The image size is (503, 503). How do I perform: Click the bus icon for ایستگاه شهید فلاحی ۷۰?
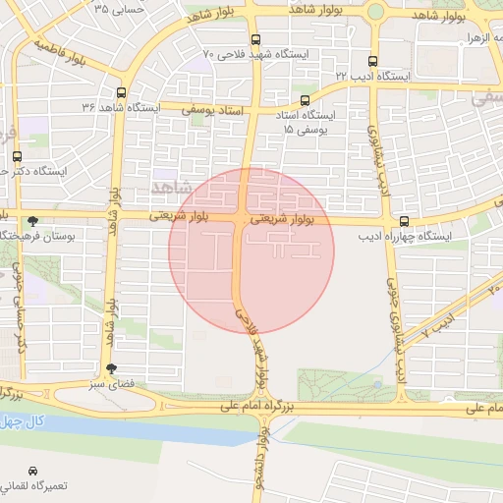[x=256, y=40]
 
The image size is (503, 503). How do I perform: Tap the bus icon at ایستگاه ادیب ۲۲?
[x=371, y=61]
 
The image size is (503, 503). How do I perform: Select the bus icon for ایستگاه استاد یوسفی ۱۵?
[x=305, y=100]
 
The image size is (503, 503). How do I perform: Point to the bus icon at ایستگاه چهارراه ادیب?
[x=404, y=222]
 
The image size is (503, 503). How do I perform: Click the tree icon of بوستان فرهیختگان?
[x=34, y=221]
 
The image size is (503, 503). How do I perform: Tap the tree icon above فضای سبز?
[x=111, y=369]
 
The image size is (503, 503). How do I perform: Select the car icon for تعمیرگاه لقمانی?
[x=34, y=471]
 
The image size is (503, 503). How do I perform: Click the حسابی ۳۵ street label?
[x=120, y=9]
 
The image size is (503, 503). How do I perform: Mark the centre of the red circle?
[x=251, y=251]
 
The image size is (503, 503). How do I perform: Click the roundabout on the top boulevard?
[x=375, y=12]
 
